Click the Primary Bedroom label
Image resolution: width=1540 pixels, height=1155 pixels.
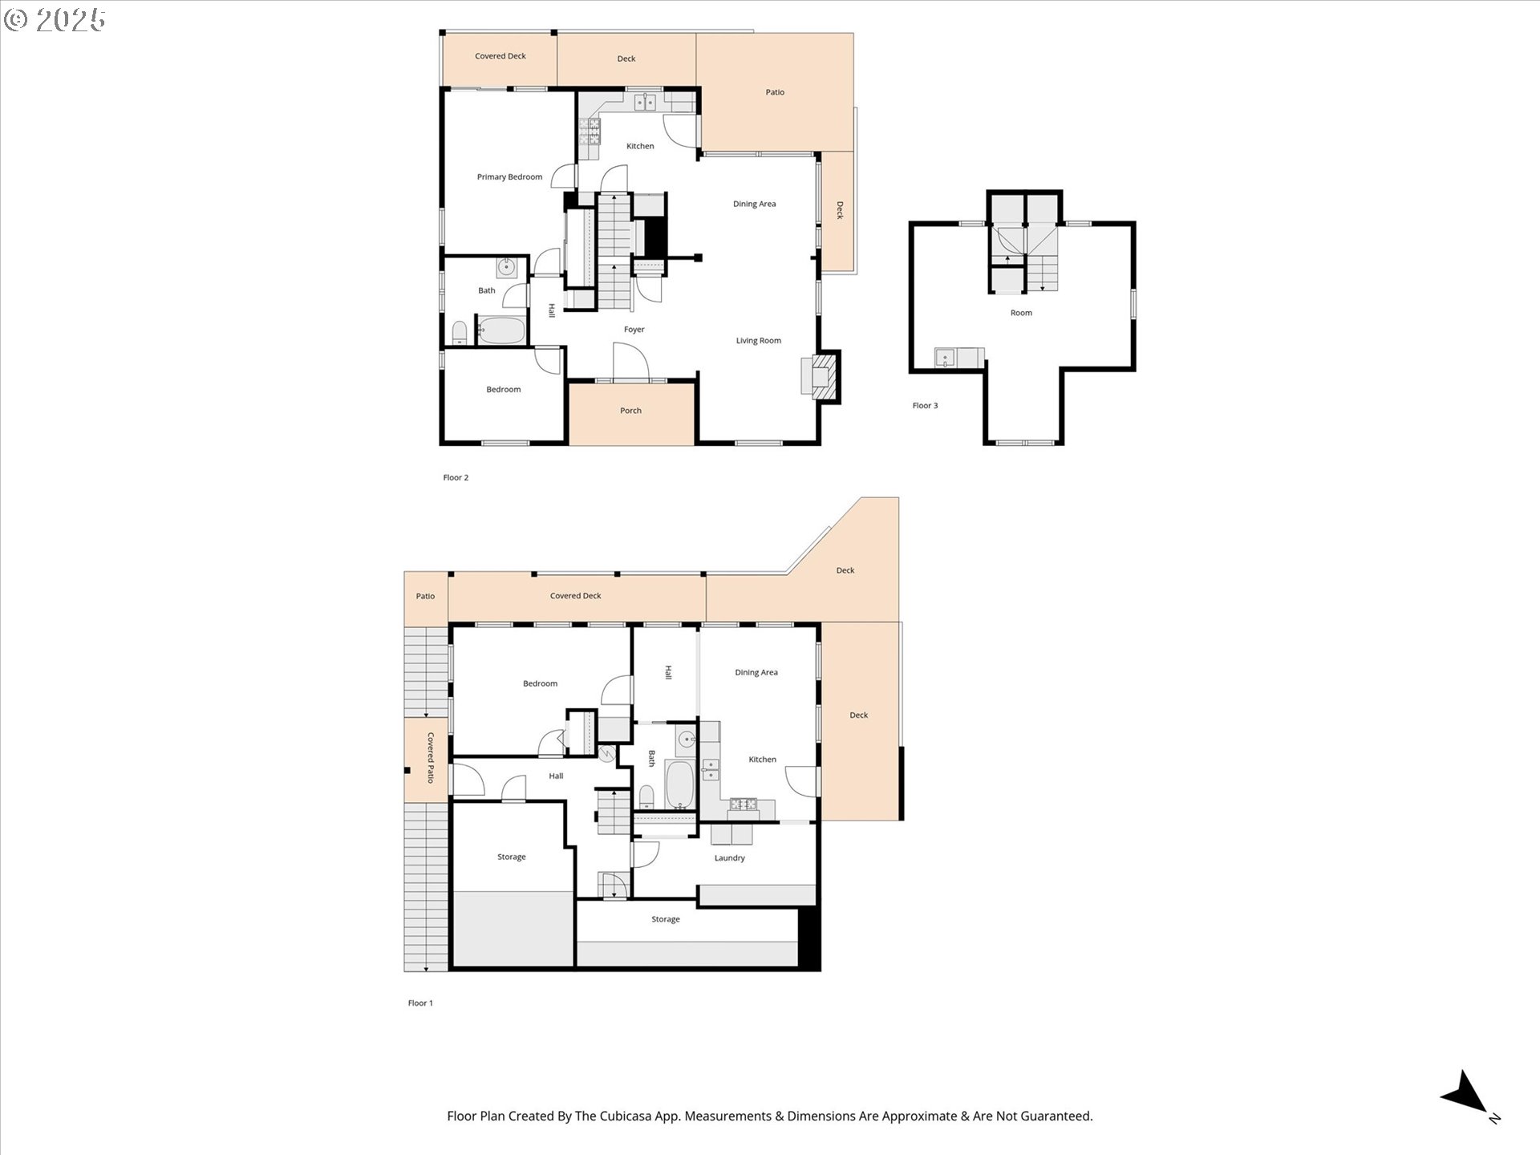tap(509, 177)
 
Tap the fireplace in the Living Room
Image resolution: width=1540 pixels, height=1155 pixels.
tap(821, 375)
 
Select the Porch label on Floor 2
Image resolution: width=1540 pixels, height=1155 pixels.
tap(630, 411)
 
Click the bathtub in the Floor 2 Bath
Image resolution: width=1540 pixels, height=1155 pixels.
tap(501, 330)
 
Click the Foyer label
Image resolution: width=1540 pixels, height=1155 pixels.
tap(634, 330)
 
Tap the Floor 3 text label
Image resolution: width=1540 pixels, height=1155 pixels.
tap(925, 406)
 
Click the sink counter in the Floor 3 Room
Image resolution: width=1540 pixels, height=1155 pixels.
tap(958, 358)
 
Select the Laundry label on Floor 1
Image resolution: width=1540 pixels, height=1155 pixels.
tap(729, 858)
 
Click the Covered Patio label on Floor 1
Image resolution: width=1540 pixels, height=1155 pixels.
tap(431, 757)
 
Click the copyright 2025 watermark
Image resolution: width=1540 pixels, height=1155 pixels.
tap(55, 19)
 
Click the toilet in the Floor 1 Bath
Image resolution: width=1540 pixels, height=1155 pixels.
tap(646, 796)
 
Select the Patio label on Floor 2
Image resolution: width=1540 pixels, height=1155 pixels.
tap(774, 92)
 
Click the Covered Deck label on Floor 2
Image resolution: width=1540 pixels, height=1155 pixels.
tap(500, 56)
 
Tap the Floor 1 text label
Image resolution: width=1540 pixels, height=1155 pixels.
tap(419, 1003)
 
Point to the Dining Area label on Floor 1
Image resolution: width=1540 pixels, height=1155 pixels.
tap(756, 673)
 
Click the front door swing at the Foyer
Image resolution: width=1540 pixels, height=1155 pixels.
tap(630, 361)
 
